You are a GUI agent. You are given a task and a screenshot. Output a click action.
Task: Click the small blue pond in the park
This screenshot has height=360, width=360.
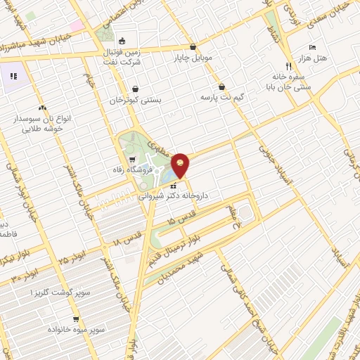(x=173, y=185)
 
